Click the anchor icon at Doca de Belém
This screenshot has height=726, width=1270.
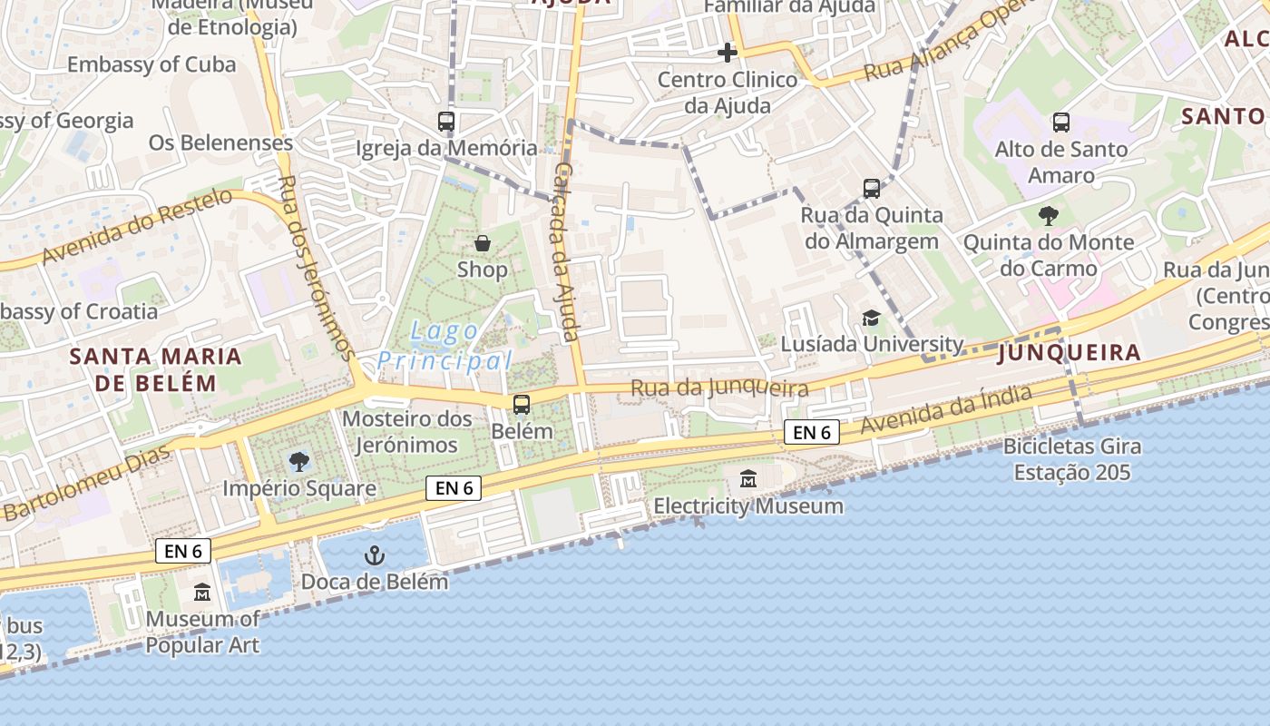[374, 555]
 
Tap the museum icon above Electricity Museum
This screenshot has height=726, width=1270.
[748, 479]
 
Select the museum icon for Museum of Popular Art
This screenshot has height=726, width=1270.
[201, 593]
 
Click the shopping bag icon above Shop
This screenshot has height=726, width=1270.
[483, 243]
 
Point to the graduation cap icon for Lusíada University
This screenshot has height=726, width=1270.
[871, 318]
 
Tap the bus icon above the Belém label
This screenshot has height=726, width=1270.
[521, 405]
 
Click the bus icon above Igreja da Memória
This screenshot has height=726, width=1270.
[445, 121]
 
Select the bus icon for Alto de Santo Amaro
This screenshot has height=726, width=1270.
[1060, 123]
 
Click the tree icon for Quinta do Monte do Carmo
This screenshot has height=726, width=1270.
[1049, 216]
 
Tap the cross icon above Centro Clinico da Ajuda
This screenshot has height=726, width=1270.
[727, 53]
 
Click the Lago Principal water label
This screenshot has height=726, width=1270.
[444, 346]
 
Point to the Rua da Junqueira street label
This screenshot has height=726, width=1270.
[719, 388]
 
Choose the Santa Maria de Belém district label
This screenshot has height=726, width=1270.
[156, 368]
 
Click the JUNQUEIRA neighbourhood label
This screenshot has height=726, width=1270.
[1069, 353]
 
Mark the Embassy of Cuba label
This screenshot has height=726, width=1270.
[151, 64]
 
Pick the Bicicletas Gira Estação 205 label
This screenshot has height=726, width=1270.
[1071, 459]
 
